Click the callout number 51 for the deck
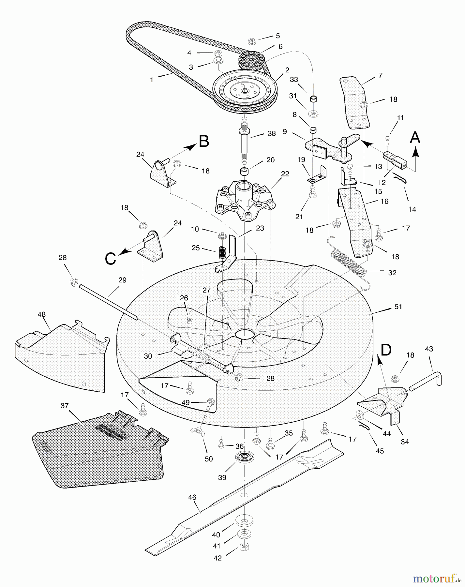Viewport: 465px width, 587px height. coord(398,307)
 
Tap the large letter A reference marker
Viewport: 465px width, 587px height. coord(415,138)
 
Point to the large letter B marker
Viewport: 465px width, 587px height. coord(204,142)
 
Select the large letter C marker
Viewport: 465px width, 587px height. coord(110,259)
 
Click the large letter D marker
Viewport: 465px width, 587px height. coord(386,350)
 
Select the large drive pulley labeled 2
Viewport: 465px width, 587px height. coord(245,91)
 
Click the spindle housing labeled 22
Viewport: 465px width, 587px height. coord(245,199)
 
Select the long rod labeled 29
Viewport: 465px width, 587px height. coord(108,302)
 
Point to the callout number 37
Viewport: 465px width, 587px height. coord(65,406)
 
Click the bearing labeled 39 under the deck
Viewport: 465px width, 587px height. coord(245,457)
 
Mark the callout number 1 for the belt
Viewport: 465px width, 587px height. coord(152,80)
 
